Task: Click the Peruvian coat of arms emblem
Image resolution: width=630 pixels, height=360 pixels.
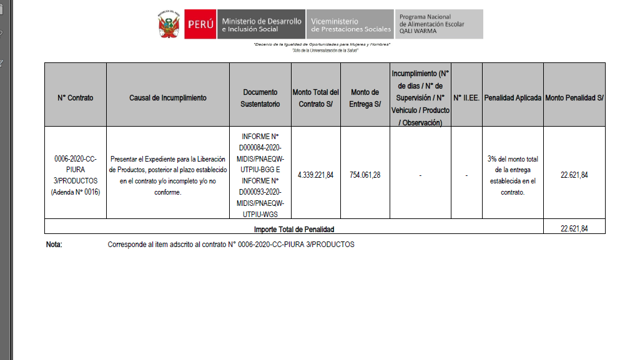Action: [168, 24]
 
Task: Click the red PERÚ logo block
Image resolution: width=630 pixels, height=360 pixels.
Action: [200, 24]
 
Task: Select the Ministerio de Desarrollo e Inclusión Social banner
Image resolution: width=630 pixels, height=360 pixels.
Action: [261, 24]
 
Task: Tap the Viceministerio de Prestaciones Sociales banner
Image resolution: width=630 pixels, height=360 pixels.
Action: [350, 24]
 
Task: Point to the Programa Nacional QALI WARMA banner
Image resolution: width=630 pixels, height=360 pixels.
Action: [439, 24]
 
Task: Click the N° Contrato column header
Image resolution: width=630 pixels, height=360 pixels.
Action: [75, 98]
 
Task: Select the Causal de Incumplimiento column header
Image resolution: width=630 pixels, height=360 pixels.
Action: [167, 98]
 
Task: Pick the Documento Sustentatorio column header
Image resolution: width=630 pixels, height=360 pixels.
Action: [260, 98]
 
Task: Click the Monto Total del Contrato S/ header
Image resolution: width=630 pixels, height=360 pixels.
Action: [315, 98]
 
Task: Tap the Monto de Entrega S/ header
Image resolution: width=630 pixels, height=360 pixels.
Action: [365, 98]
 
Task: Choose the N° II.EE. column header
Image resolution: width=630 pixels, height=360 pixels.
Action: [466, 98]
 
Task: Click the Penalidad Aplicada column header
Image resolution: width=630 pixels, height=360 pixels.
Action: [513, 98]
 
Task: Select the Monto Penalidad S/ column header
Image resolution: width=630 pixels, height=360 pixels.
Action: [574, 98]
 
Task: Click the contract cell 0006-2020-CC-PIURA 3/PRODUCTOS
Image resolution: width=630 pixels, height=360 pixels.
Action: [75, 175]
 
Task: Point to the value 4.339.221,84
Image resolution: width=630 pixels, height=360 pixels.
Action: [315, 175]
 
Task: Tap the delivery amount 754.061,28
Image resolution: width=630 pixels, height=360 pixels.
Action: [365, 175]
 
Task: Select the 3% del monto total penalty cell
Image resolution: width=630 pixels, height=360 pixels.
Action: [513, 175]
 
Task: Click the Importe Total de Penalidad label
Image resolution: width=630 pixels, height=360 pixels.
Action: [293, 229]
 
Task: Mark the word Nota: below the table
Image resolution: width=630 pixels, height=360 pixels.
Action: [54, 245]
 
